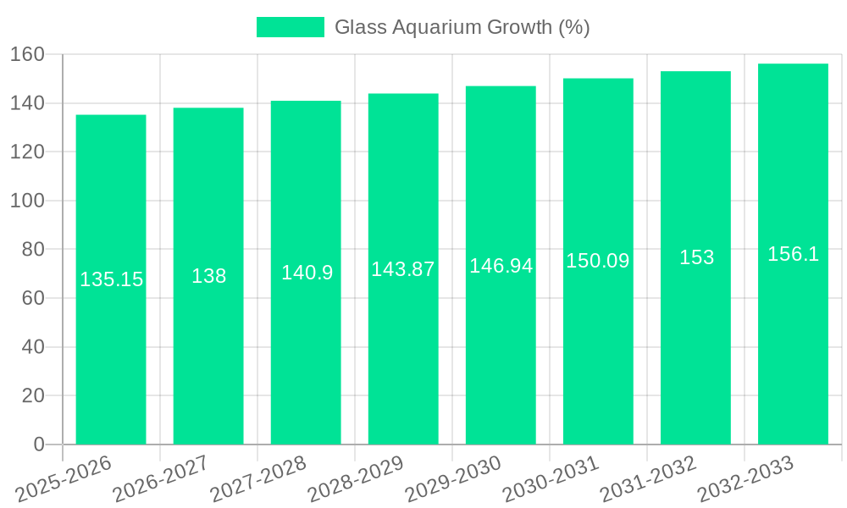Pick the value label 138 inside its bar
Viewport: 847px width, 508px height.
(208, 276)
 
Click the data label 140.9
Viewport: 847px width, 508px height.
(307, 273)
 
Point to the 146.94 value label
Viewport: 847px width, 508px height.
(501, 266)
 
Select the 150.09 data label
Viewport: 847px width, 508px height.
(598, 261)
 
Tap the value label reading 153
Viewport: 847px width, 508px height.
(696, 257)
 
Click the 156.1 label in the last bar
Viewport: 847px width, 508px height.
(793, 254)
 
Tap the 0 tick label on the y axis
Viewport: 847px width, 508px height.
(38, 444)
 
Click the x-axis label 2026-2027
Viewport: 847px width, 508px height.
(160, 479)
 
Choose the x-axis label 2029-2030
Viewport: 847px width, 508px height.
(452, 479)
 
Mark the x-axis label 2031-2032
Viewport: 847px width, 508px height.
(647, 479)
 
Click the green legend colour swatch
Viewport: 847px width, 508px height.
(290, 27)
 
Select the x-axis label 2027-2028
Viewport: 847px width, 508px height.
(257, 479)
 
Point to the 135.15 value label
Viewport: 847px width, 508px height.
(111, 279)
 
